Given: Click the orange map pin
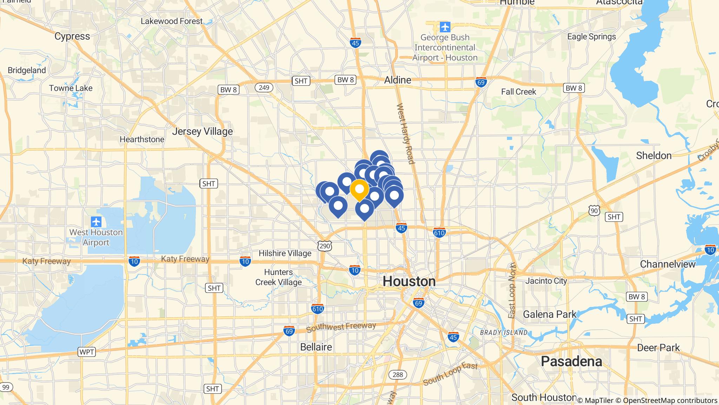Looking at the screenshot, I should tap(359, 189).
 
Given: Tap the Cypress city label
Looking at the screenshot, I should tap(72, 36).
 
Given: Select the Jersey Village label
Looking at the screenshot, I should tap(202, 131).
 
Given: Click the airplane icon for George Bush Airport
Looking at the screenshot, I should tap(445, 26).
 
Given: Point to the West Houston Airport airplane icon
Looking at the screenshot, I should tap(96, 222).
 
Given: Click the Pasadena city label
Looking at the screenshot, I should tap(571, 361).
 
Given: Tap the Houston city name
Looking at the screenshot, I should tap(409, 281).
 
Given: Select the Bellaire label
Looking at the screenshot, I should tap(316, 347).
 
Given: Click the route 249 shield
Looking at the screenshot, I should tap(264, 87).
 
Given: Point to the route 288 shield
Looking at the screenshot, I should tap(397, 374).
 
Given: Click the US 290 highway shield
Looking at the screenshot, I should tap(324, 246).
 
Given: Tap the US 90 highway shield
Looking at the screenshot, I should tap(594, 211).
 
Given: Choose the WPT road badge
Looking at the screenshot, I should tap(86, 352).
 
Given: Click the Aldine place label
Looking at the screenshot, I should tap(397, 80).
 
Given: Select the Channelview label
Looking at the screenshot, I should tap(667, 264).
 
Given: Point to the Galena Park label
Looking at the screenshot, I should tap(549, 314).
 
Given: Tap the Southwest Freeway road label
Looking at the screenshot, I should tap(341, 327).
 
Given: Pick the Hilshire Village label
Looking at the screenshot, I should tap(285, 253).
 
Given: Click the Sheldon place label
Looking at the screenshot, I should tap(654, 155).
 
